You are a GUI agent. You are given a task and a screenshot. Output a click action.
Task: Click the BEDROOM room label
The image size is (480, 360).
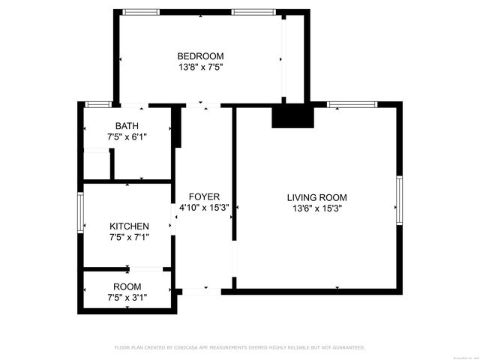(200, 56)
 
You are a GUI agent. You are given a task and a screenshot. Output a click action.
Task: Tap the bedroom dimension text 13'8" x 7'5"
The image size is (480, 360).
(200, 67)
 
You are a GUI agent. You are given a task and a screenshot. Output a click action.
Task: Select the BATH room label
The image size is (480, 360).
(127, 126)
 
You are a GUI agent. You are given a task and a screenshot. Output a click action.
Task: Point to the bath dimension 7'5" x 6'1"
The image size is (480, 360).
(127, 137)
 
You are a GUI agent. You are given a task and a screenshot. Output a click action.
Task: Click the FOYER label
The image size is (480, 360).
(204, 197)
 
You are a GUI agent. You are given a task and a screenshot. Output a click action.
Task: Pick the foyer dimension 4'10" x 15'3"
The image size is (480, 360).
(204, 208)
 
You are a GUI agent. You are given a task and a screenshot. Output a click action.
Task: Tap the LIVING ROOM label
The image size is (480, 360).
(316, 198)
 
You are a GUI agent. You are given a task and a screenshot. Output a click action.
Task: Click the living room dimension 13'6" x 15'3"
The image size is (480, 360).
(316, 209)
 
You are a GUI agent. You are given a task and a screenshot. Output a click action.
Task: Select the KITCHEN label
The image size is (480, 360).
(129, 226)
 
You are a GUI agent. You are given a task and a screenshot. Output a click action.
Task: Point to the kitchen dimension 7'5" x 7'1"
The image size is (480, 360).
(129, 238)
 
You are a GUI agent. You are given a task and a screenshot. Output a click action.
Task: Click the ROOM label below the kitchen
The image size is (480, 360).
(127, 286)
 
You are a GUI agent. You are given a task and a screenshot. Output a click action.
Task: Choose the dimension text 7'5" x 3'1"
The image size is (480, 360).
(127, 298)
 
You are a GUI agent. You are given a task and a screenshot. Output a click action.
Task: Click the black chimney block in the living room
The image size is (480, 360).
(292, 116)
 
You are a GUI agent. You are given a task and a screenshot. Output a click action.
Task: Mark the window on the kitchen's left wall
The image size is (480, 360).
(80, 214)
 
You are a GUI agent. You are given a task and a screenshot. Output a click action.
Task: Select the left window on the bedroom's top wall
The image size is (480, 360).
(141, 12)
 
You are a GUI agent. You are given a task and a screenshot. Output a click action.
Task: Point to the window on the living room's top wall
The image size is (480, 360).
(352, 104)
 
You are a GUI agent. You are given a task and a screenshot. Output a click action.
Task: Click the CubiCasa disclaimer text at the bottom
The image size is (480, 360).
(239, 348)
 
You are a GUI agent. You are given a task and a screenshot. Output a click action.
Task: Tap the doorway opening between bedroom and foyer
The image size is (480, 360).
(199, 105)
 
